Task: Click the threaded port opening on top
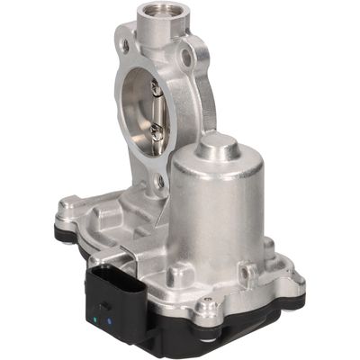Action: (159, 14)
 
